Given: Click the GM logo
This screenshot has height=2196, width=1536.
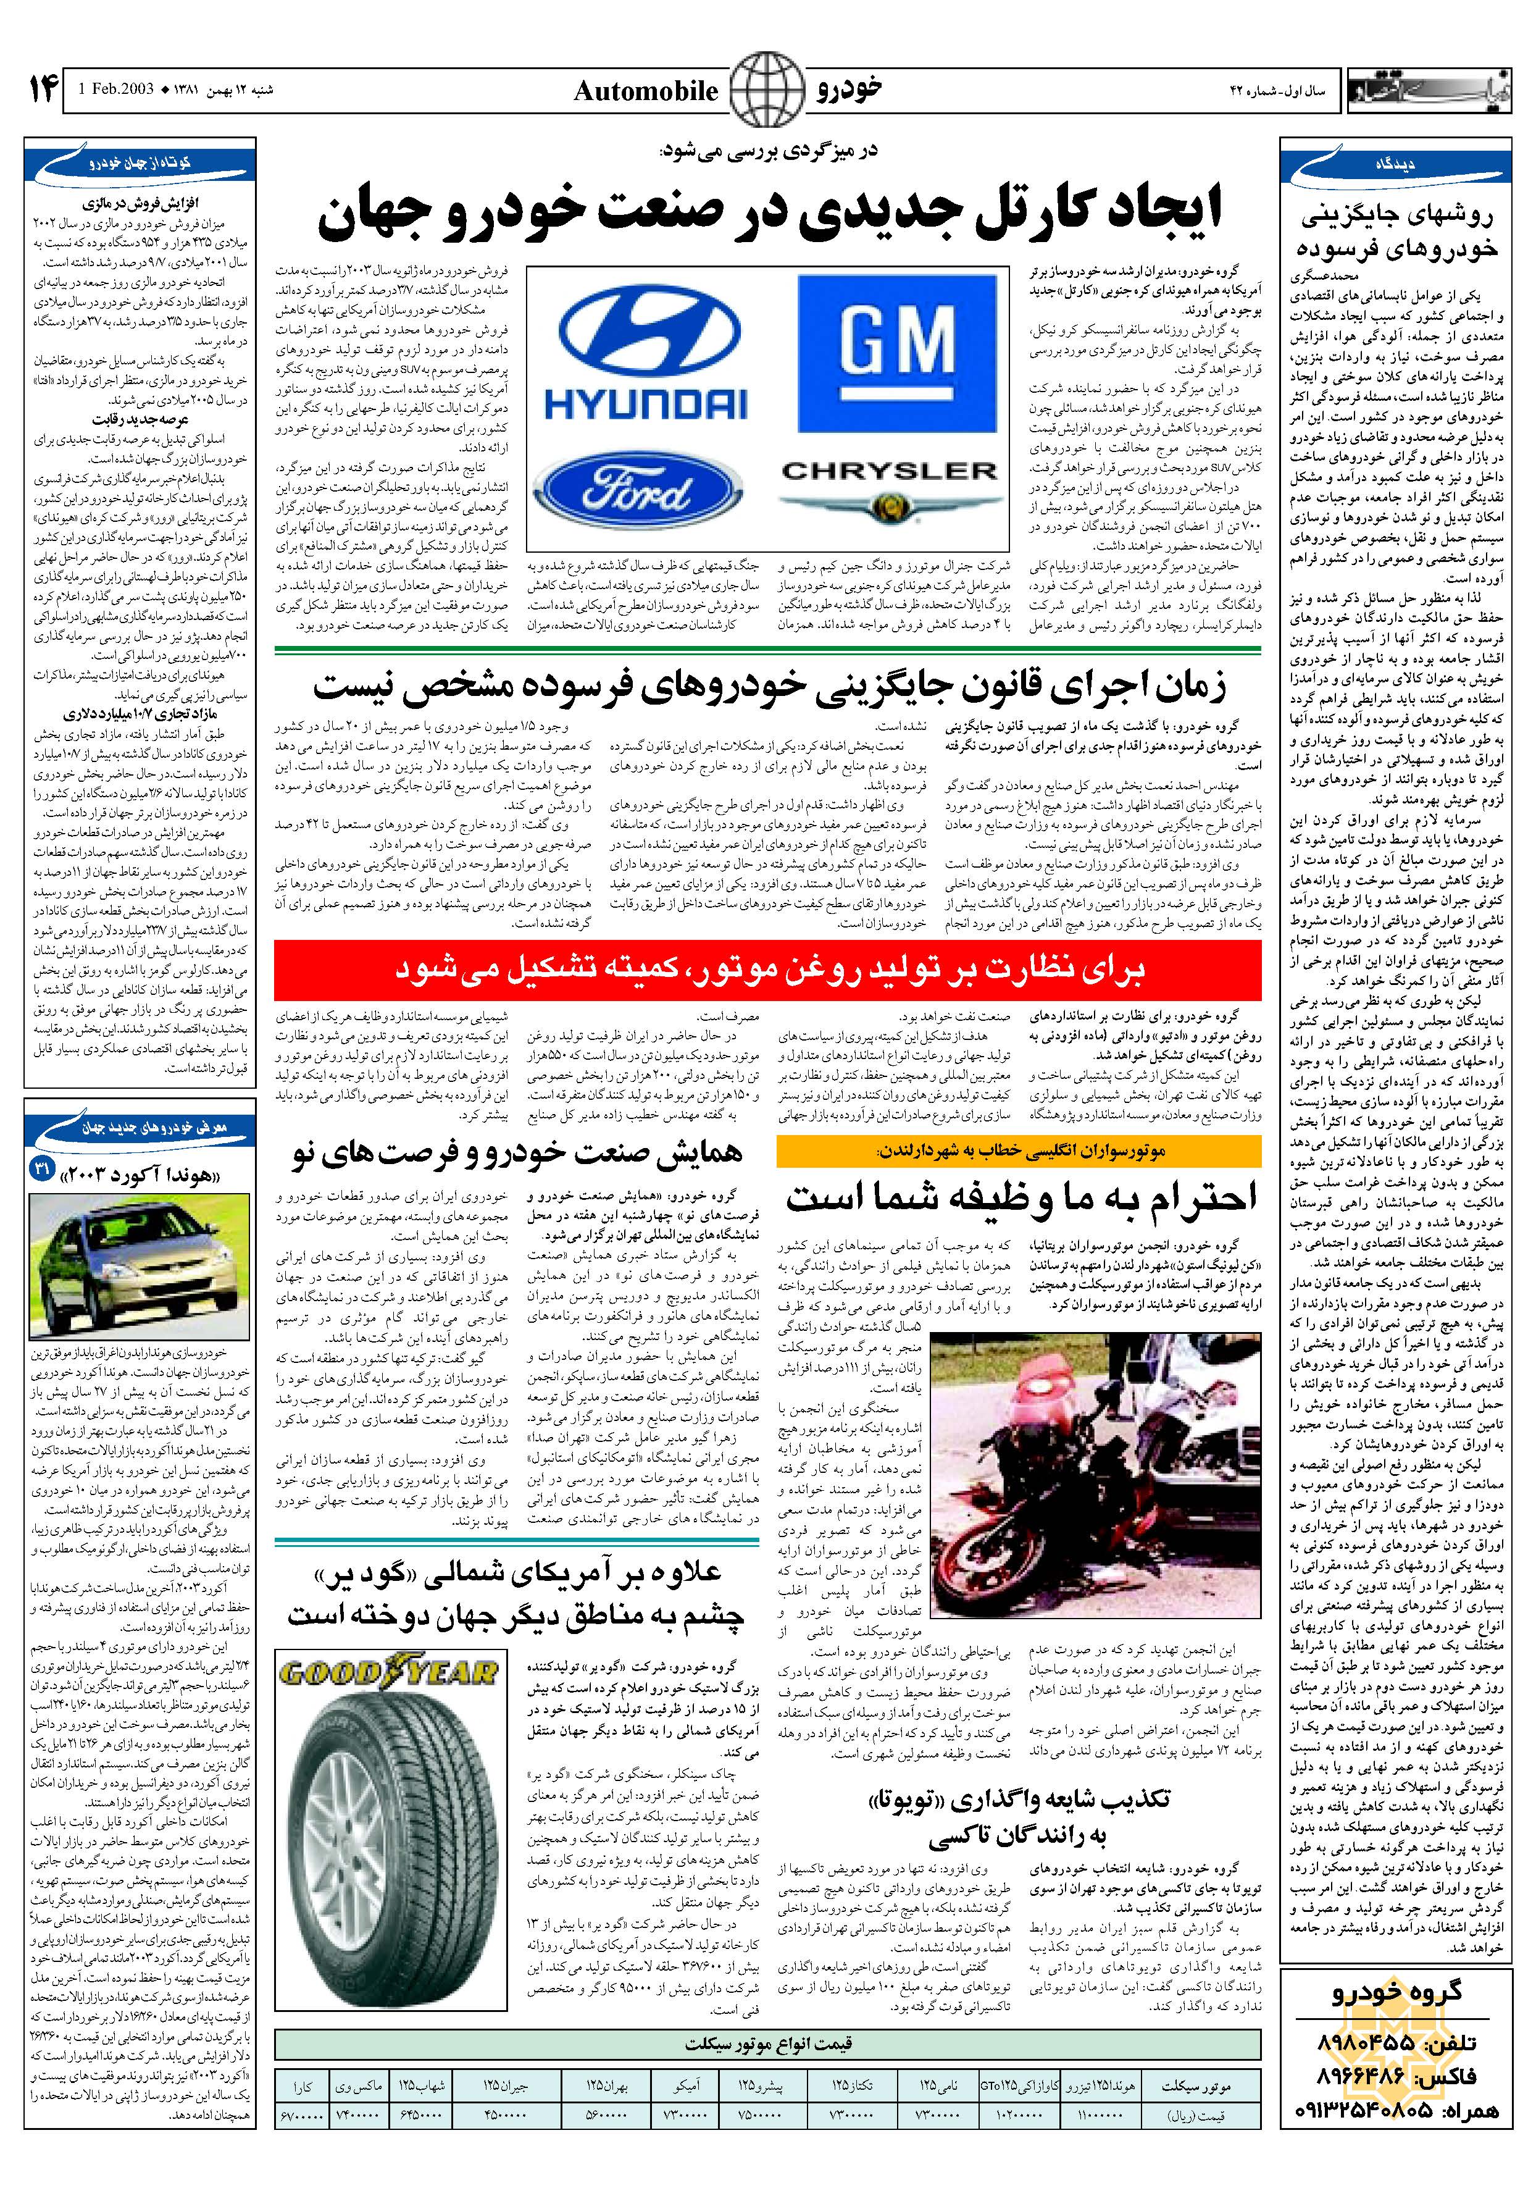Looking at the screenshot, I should [x=896, y=353].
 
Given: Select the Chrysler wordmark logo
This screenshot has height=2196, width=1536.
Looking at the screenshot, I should [x=888, y=472].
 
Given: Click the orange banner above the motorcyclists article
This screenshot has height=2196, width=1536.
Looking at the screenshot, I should [x=1019, y=1152].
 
